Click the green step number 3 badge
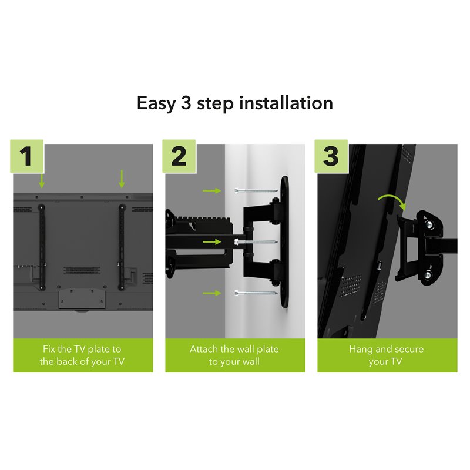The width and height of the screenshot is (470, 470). (x=331, y=156)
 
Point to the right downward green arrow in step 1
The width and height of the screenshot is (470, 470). (x=122, y=178)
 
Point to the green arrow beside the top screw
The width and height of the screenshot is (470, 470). (x=211, y=190)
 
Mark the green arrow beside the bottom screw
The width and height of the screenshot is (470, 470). (x=211, y=292)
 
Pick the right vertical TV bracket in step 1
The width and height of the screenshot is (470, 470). (x=122, y=247)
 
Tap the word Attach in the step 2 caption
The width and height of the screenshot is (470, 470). (x=203, y=349)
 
